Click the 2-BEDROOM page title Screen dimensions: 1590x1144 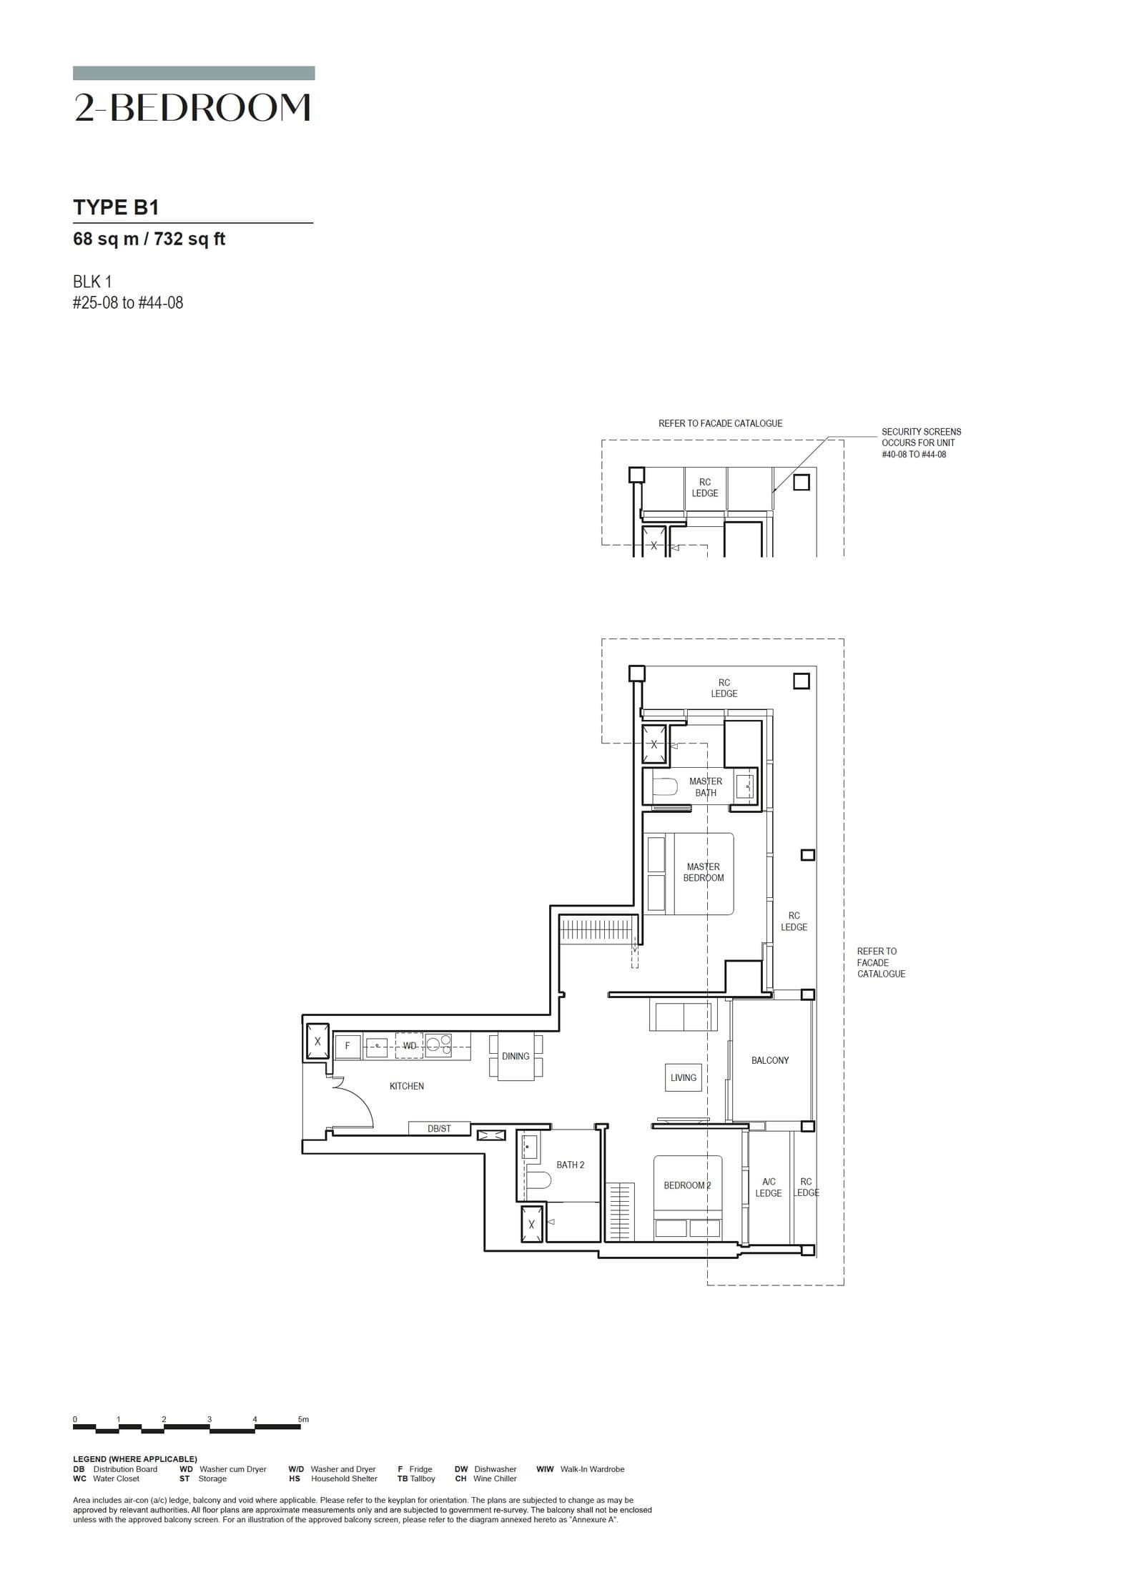(x=192, y=107)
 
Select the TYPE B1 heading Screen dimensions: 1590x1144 (x=116, y=207)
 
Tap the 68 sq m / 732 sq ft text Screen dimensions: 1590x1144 (x=149, y=239)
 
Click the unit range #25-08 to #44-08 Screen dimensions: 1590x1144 (x=128, y=302)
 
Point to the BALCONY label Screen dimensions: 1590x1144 (x=769, y=1060)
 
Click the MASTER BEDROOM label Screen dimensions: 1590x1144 (x=703, y=872)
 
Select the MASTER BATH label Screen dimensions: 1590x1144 (x=705, y=786)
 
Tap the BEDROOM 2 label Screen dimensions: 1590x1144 (x=686, y=1185)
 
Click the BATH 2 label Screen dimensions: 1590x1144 (x=570, y=1165)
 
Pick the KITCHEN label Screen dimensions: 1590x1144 (x=406, y=1086)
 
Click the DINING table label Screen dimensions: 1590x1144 (x=515, y=1056)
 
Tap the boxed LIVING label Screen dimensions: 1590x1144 (x=683, y=1077)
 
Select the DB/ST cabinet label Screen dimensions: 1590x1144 (x=439, y=1128)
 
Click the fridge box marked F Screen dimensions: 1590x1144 (x=347, y=1045)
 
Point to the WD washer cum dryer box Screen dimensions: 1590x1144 (x=409, y=1045)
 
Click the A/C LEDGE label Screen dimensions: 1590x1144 (x=768, y=1187)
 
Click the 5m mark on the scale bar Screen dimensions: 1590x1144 (x=303, y=1419)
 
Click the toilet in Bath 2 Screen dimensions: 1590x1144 (x=539, y=1179)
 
